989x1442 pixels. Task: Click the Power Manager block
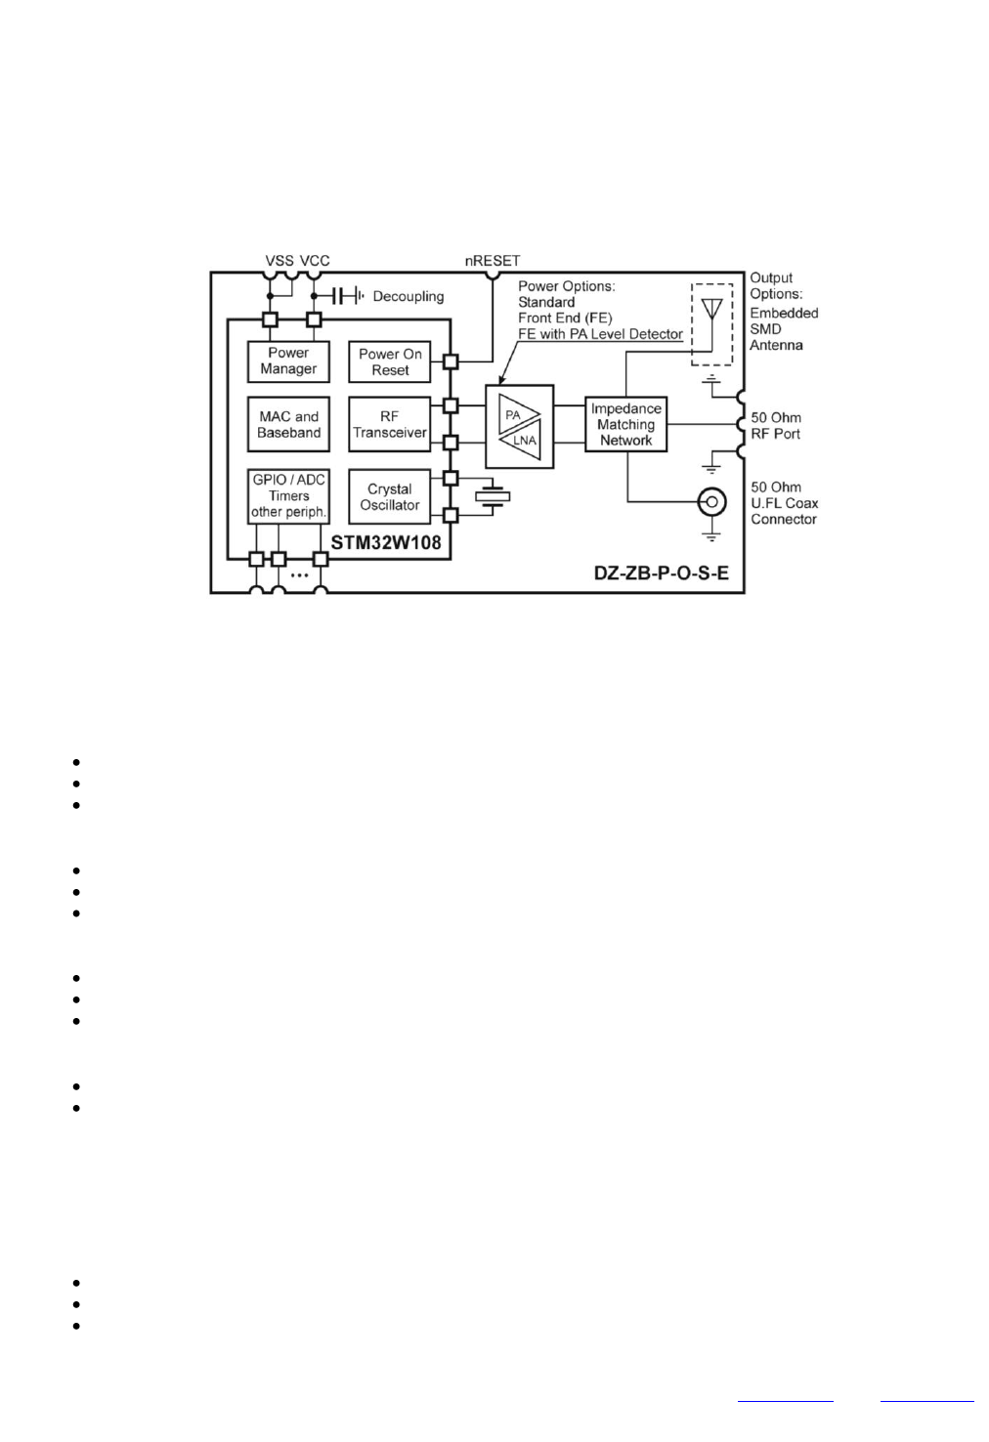click(x=288, y=360)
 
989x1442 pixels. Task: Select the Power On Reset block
click(x=390, y=361)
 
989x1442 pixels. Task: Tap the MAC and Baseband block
click(x=288, y=424)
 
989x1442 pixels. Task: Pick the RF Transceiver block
click(x=390, y=424)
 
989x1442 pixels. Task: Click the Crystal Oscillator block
click(x=390, y=496)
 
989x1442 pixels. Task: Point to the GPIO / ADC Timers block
click(x=288, y=495)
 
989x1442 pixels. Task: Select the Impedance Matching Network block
click(x=626, y=424)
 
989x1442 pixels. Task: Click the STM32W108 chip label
click(x=386, y=541)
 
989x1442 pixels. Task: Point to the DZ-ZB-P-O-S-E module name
click(x=662, y=573)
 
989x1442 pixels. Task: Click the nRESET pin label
click(x=493, y=261)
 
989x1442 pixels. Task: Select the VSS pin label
click(x=279, y=261)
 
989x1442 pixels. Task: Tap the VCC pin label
click(x=315, y=261)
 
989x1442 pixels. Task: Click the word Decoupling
click(x=408, y=296)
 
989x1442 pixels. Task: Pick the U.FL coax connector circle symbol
click(x=711, y=502)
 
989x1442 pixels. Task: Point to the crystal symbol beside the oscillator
click(x=493, y=496)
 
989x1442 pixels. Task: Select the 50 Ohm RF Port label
click(x=776, y=425)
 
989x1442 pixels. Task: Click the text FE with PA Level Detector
click(x=600, y=334)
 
